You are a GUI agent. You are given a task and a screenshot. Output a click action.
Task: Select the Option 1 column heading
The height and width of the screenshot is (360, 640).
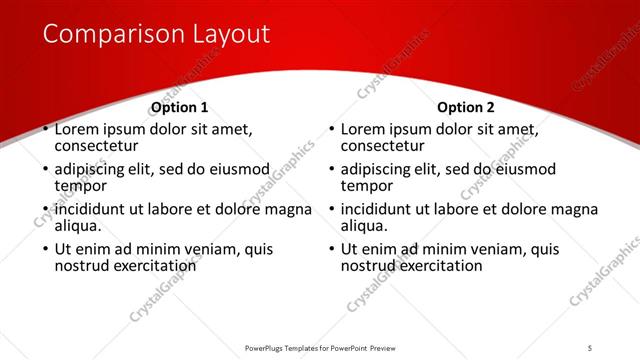click(180, 108)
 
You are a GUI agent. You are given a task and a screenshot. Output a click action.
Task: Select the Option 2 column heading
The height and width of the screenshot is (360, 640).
click(466, 108)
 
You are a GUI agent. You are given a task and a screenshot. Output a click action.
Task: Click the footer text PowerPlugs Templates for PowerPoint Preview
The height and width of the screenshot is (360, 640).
click(320, 347)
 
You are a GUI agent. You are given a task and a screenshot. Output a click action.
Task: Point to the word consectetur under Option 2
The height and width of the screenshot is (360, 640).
click(387, 146)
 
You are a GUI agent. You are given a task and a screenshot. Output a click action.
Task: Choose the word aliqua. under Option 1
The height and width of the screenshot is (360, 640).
click(79, 226)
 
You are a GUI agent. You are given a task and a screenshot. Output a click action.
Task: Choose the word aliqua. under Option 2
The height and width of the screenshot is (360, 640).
click(365, 226)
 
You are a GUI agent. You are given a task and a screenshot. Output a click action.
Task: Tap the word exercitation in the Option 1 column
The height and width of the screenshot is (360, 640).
click(154, 266)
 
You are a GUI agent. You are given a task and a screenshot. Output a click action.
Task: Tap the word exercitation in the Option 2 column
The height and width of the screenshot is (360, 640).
click(440, 266)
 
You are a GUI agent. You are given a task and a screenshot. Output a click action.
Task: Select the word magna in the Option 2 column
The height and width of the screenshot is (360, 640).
click(574, 209)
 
